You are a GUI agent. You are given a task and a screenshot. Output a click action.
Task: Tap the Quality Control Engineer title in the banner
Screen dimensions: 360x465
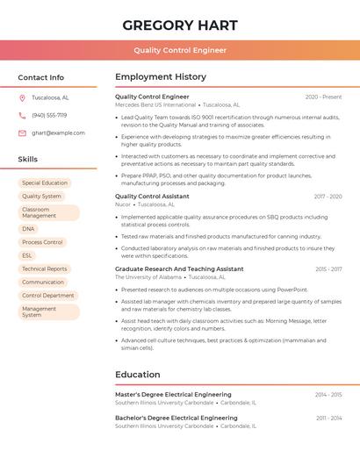coord(180,50)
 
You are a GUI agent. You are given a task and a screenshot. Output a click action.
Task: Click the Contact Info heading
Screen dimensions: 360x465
coord(41,77)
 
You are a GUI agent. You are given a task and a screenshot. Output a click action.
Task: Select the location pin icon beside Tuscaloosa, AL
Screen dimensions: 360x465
coord(22,98)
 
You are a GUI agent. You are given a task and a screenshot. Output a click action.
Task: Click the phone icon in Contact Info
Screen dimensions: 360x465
coord(22,115)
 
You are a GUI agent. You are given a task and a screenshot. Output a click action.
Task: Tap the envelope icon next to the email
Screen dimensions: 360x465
coord(22,133)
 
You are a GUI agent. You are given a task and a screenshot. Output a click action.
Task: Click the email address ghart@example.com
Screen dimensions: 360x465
coord(58,133)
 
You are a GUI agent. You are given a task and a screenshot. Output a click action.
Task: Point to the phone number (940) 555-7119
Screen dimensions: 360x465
coord(49,115)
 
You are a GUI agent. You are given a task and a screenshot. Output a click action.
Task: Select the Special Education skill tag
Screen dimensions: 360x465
coord(45,182)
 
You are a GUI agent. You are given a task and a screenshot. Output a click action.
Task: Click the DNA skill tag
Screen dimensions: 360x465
coord(29,228)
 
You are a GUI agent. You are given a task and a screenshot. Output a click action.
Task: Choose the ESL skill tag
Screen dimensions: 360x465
coord(27,255)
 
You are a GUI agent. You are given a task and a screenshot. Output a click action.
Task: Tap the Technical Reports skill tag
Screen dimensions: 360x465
coord(45,268)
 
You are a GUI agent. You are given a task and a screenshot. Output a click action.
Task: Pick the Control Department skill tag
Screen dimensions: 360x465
coord(48,296)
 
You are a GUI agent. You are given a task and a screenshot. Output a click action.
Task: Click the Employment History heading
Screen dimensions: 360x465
coord(161,77)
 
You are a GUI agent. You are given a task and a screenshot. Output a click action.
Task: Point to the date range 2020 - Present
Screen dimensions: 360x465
coord(323,97)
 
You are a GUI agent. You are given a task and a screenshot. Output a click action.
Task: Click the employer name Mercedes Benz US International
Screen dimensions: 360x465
coord(155,104)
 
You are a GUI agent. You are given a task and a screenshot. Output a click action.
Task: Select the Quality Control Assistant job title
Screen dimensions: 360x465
coord(152,197)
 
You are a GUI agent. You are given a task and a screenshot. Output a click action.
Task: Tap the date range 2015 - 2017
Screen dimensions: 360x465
coord(328,269)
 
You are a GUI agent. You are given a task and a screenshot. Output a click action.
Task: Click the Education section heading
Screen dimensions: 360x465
coord(138,375)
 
